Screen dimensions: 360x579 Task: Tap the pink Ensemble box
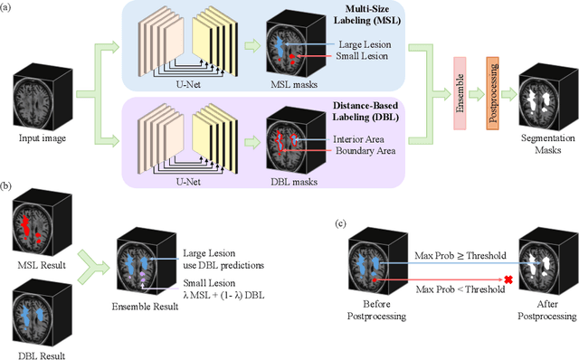[x=461, y=91]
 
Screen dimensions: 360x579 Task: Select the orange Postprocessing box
[x=492, y=91]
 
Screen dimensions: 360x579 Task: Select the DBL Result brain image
[x=36, y=298]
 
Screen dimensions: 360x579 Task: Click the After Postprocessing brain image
[x=543, y=269]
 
